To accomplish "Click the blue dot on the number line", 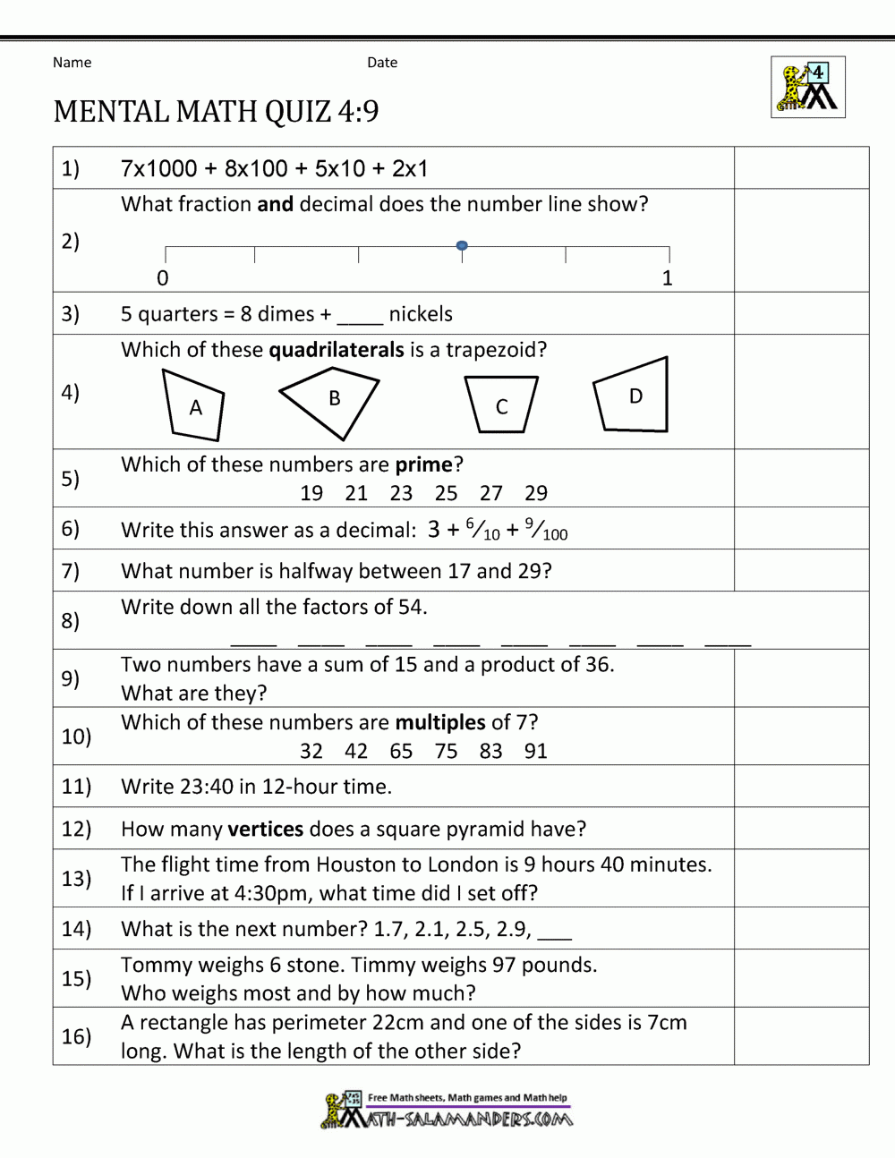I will (462, 245).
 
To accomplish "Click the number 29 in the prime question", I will (536, 493).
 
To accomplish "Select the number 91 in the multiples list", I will (536, 751).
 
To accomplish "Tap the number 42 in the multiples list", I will (356, 751).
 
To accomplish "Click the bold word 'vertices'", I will (266, 829).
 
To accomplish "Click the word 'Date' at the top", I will (382, 63).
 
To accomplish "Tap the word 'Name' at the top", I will (72, 63).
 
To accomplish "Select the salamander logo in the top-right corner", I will (807, 88).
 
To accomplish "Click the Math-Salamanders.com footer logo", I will (446, 1111).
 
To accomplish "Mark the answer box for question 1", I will (801, 168).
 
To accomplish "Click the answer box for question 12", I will (801, 829).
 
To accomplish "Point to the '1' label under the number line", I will (667, 278).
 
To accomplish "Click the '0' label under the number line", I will (163, 278).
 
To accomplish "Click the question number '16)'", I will (76, 1036).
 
